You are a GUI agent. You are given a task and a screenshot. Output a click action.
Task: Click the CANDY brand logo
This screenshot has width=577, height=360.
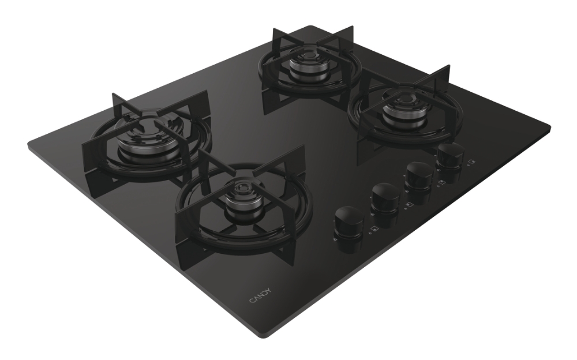(261, 295)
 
